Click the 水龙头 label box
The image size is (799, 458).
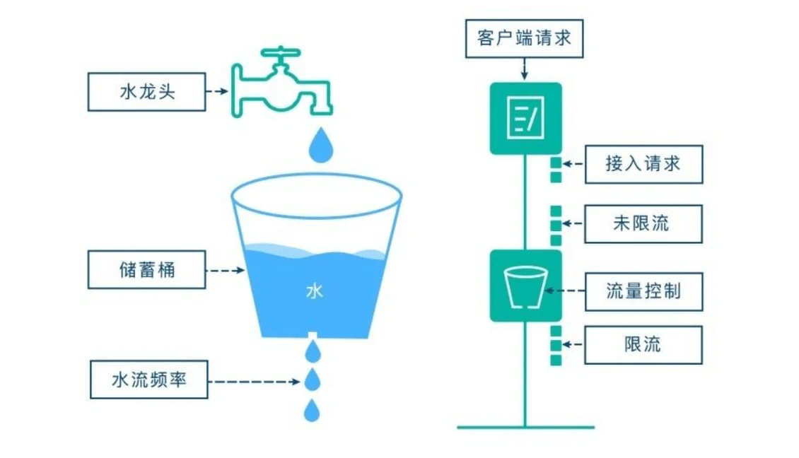coord(146,92)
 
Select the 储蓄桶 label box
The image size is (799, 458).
coord(146,269)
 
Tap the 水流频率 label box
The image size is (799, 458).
coord(149,380)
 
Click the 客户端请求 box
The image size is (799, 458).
coord(524,38)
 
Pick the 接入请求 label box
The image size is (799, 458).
coord(643,165)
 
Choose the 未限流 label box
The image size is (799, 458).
coord(643,224)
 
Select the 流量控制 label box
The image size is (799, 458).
coord(643,290)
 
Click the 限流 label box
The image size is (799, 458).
coord(643,345)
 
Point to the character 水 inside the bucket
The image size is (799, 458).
coord(314,290)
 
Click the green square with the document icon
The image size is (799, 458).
coord(525,118)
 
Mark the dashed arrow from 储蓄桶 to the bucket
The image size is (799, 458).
coord(224,270)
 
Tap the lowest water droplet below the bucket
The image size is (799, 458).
coord(312,410)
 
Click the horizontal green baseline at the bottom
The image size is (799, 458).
coord(525,427)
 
